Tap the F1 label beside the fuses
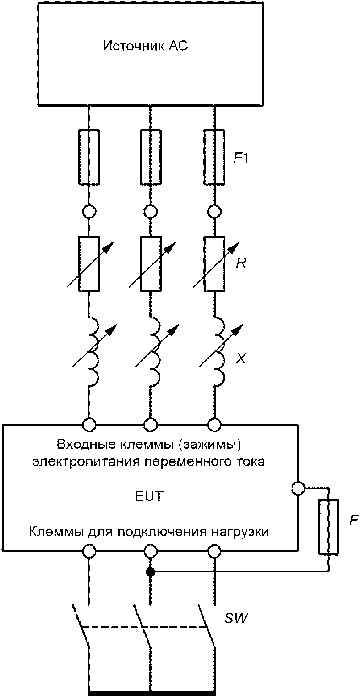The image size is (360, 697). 241,159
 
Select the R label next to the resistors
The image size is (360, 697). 241,263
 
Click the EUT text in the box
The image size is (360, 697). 149,496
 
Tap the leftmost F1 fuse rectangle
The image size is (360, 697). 89,157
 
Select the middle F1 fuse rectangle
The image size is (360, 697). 151,157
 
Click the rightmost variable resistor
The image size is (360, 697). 214,264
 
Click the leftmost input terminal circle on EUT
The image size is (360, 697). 89,424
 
